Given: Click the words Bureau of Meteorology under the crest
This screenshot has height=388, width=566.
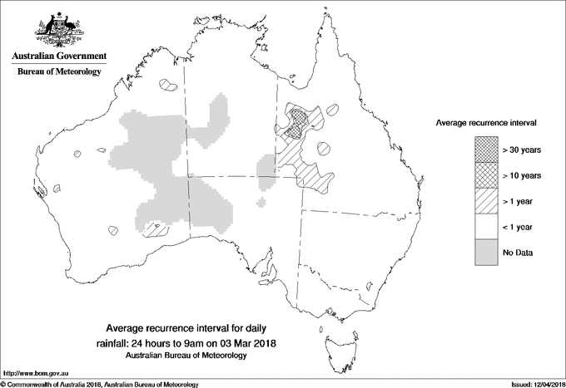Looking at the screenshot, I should [x=59, y=72].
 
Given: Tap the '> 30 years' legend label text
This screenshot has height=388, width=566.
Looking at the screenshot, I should [x=522, y=150].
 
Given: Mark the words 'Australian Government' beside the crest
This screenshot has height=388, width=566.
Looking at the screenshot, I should [x=59, y=56].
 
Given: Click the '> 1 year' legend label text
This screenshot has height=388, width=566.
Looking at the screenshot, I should [x=519, y=201].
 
